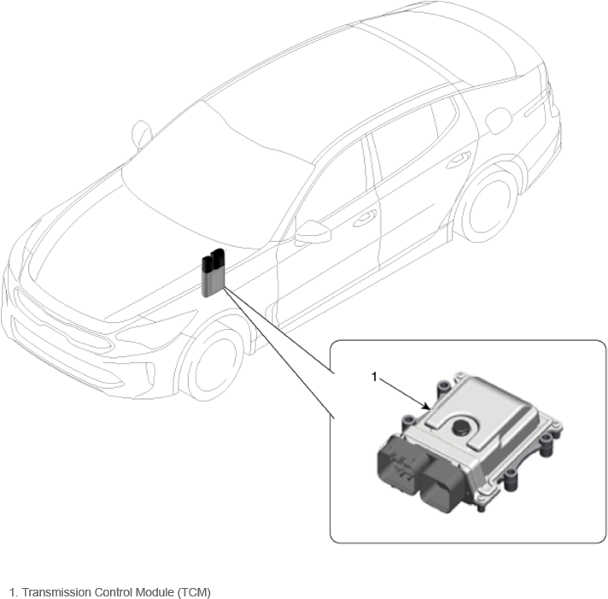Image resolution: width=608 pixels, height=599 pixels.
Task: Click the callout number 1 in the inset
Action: [374, 377]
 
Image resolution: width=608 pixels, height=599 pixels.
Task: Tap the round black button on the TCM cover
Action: [461, 427]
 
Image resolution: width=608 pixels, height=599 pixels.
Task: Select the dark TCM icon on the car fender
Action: [213, 273]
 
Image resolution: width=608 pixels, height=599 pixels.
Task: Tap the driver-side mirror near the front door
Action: [313, 232]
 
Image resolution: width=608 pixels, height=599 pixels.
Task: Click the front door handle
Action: [365, 219]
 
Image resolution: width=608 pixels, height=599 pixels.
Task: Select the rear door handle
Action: [459, 160]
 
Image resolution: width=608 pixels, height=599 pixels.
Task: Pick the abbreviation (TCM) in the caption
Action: [194, 592]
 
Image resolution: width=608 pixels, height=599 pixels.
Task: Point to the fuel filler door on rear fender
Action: [498, 120]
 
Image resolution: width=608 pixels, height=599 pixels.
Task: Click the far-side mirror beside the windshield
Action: [141, 135]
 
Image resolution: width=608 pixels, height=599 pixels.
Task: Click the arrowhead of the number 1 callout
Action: [426, 407]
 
